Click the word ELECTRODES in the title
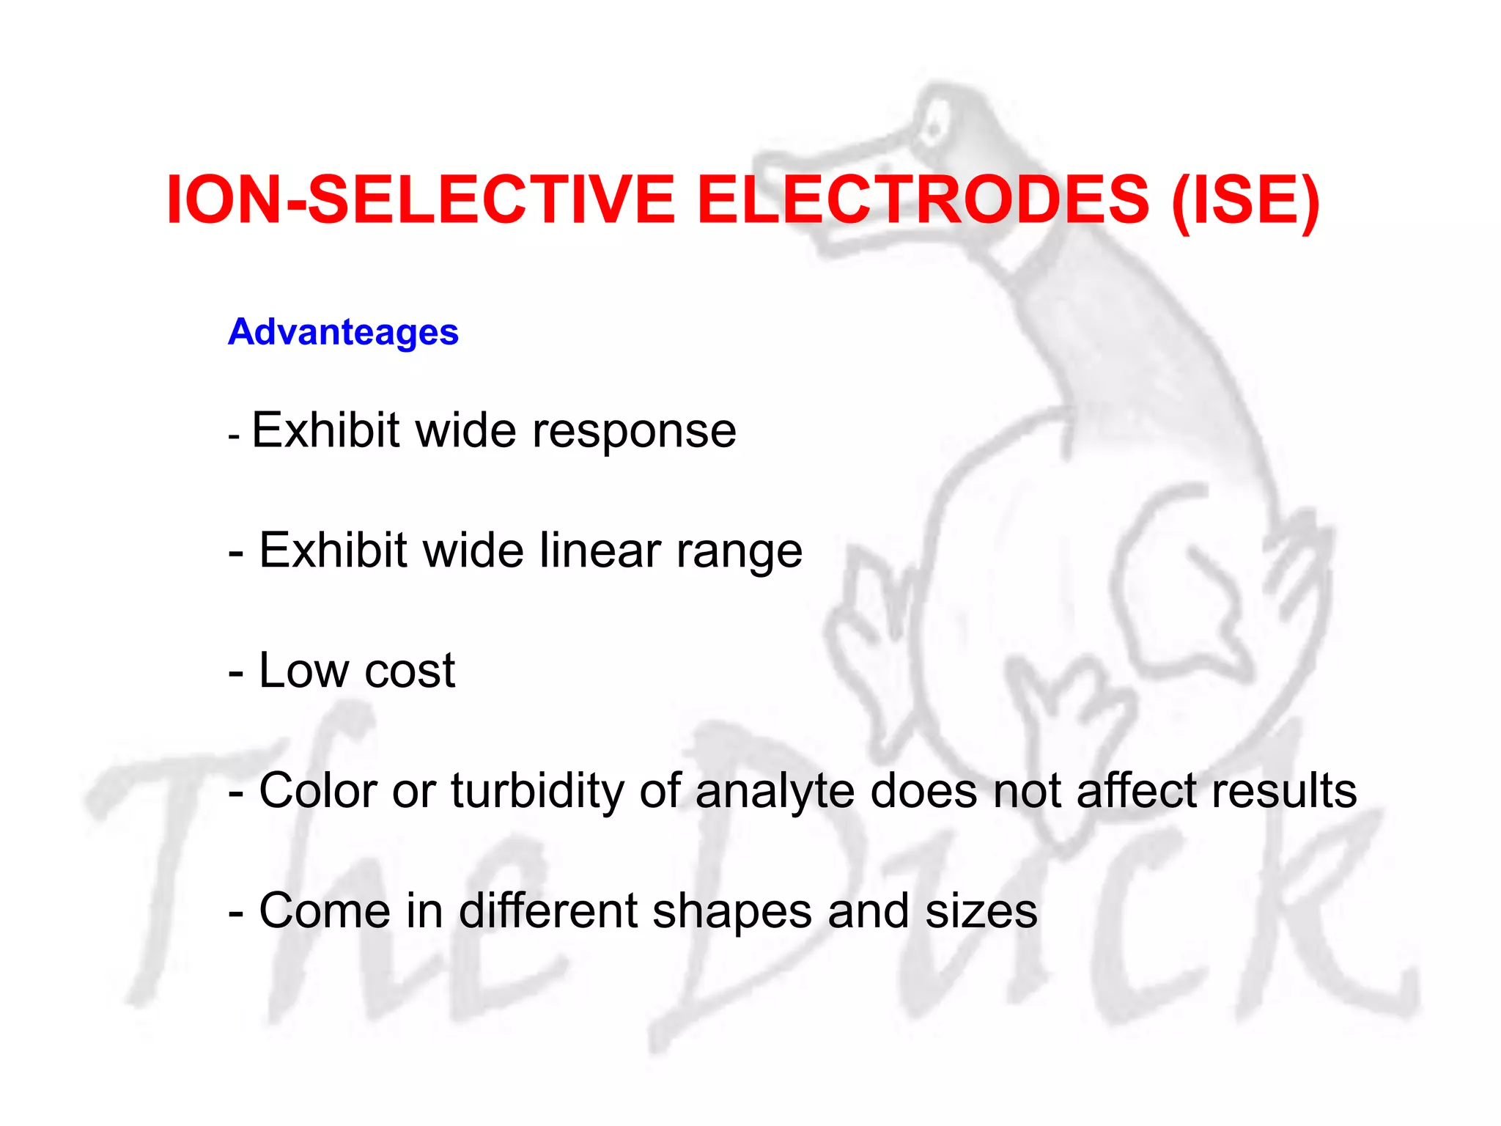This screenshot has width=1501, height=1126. tap(923, 199)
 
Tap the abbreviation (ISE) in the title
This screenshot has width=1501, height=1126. tap(1245, 201)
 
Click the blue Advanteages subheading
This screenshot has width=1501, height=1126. tap(343, 332)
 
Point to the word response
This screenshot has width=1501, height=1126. tap(634, 431)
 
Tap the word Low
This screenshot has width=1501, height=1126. tap(303, 670)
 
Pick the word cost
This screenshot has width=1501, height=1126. tap(410, 671)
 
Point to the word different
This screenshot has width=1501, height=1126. tap(548, 910)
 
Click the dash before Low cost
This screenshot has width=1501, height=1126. tap(236, 673)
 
